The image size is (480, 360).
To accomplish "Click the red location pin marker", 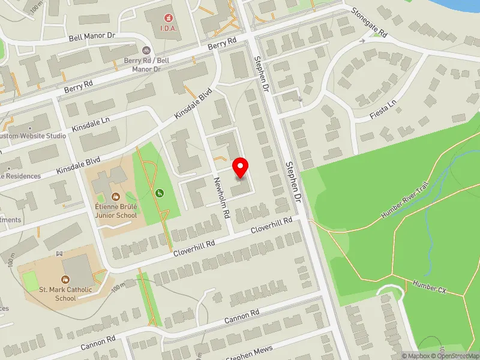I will pos(241,167).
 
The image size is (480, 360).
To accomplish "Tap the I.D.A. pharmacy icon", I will pos(165,14).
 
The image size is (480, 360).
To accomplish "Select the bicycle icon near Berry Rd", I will pos(145,52).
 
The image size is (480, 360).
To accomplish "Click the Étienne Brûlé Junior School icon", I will pos(115,196).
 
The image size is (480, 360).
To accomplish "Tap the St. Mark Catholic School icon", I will pos(65,279).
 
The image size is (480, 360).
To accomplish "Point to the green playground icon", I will pos(160,193).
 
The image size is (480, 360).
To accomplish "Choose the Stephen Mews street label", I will pos(249,353).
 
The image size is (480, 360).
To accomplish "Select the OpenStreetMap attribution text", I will pos(458,356).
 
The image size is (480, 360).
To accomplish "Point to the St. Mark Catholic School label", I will pos(65,294).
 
